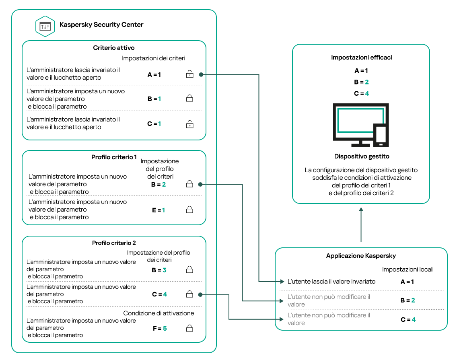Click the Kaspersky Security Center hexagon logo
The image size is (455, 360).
[x=45, y=26]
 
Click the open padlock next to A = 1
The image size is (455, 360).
[x=189, y=74]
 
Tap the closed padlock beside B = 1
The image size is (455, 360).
[x=189, y=99]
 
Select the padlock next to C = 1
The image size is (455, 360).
[x=189, y=124]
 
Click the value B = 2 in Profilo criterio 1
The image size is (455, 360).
[x=159, y=185]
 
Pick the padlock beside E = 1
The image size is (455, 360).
[x=189, y=210]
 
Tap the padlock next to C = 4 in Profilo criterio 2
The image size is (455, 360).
[x=189, y=294]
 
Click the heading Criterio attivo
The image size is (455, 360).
[x=114, y=48]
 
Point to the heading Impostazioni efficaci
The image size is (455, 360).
[x=361, y=58]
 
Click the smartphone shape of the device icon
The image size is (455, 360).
[x=381, y=135]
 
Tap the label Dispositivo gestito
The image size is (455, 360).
[x=361, y=156]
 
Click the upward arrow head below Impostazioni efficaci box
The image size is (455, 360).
[x=361, y=209]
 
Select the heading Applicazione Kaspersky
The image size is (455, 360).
[x=361, y=256]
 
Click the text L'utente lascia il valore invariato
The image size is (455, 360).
[x=331, y=282]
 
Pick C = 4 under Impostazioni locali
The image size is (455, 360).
[x=407, y=319]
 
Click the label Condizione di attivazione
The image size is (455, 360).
[x=159, y=313]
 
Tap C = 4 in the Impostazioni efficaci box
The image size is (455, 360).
[x=361, y=93]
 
